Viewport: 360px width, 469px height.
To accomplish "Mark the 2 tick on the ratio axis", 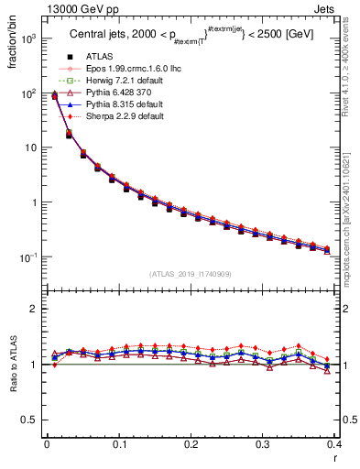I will [x=38, y=309].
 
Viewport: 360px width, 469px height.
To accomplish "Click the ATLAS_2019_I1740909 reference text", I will [x=190, y=274].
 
